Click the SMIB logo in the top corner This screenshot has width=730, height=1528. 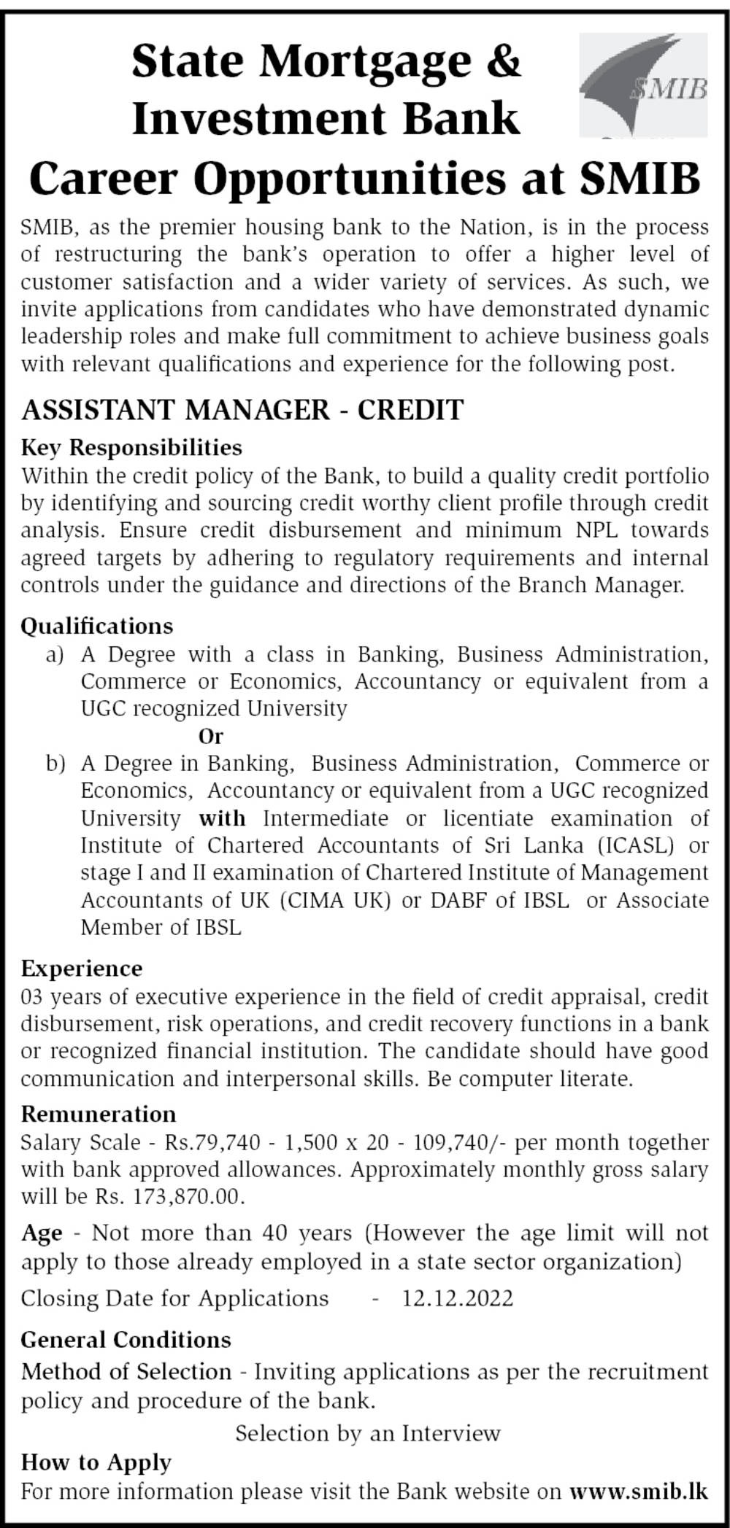coord(643,85)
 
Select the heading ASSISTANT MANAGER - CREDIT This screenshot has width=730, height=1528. coord(242,410)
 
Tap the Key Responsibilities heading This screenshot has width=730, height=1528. coord(131,446)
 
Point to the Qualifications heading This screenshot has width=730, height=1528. coord(97,626)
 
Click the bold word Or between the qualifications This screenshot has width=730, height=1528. coord(211,736)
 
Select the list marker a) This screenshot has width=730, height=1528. coord(55,654)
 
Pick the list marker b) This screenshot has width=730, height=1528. coord(55,764)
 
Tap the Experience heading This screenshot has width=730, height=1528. coord(82,969)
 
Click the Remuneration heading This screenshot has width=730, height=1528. coord(99,1114)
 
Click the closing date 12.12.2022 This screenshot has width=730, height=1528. coord(458,1298)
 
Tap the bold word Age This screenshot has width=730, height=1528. coord(42,1233)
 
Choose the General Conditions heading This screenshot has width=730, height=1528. coord(126,1339)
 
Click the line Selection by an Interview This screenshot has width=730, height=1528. coord(368,1433)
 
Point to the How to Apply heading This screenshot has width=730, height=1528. coord(96,1462)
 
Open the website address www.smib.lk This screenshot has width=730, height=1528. coord(639,1491)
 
